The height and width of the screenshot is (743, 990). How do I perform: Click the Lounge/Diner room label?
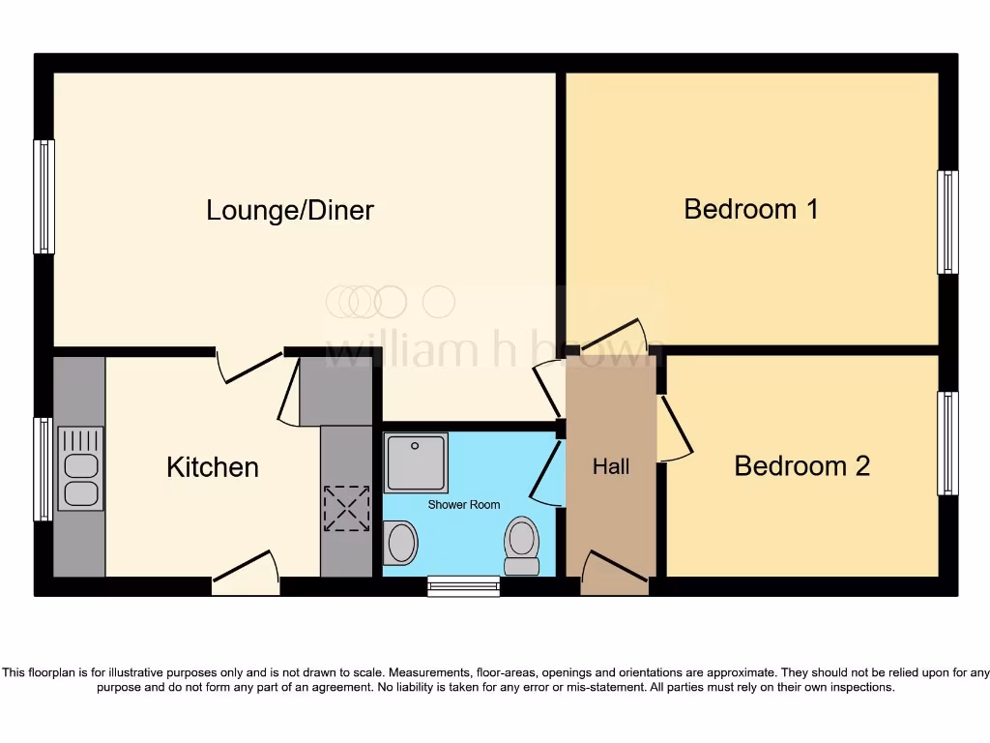[290, 210]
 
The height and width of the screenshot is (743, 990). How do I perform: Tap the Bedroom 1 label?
[751, 208]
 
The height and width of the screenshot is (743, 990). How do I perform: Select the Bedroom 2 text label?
[801, 465]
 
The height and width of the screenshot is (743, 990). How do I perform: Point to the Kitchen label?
[213, 466]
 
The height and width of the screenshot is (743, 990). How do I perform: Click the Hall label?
[611, 466]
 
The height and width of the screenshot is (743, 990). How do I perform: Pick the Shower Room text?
[465, 505]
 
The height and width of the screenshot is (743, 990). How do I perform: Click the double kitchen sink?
[80, 468]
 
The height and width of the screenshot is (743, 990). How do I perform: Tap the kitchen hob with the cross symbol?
[346, 508]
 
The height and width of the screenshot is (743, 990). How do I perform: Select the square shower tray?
[416, 462]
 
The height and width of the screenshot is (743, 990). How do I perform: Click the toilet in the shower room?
[522, 546]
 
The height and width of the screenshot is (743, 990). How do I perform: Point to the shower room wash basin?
[400, 543]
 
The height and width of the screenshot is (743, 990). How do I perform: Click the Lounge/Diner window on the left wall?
[44, 196]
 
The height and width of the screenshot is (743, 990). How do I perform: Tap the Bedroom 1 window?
[947, 222]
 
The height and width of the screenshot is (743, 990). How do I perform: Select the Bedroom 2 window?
[947, 443]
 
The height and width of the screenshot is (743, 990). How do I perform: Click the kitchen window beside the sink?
[44, 468]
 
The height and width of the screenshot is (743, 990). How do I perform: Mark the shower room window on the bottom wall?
[464, 585]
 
